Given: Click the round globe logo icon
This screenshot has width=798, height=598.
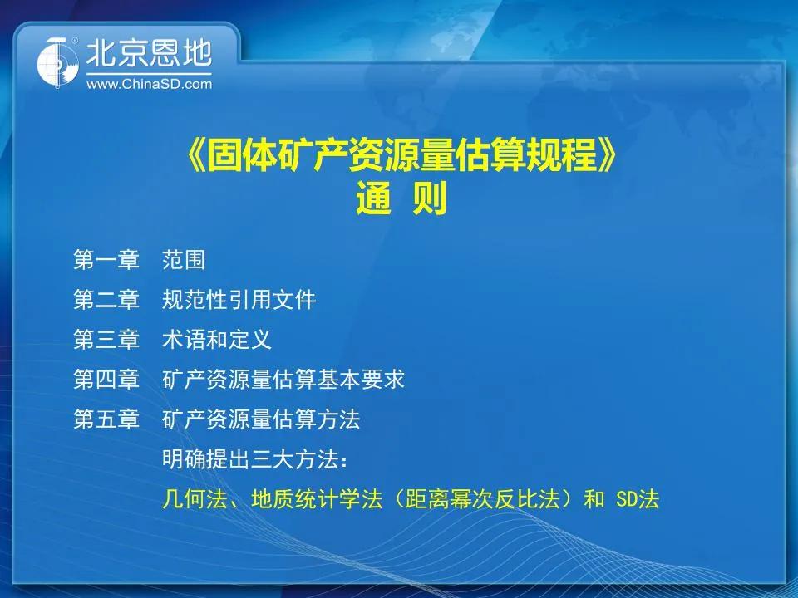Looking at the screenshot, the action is click(x=57, y=62).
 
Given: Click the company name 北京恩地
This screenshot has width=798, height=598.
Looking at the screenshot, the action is click(x=149, y=53).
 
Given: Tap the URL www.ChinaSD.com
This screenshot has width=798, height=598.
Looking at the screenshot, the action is click(x=149, y=84).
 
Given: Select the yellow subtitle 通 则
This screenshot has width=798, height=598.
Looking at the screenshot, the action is click(x=401, y=199).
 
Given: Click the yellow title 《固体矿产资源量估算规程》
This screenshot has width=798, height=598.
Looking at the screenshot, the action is click(x=401, y=155).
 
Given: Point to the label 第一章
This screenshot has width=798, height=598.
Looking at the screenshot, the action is click(x=106, y=260).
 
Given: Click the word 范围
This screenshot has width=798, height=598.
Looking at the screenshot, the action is click(x=184, y=260).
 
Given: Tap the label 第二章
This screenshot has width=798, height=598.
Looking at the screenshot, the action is click(x=106, y=300).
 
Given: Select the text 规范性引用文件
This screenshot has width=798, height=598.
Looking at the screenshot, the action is click(x=239, y=300).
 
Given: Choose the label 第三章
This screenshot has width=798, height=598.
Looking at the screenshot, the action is click(x=106, y=339).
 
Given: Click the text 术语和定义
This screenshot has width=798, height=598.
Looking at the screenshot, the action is click(x=217, y=339).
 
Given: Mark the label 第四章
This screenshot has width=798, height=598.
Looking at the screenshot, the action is click(x=106, y=380).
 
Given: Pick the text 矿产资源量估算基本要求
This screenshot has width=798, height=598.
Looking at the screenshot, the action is click(x=283, y=380).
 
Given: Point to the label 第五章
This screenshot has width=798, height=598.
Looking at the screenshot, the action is click(x=106, y=419).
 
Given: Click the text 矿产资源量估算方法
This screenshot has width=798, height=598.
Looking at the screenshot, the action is click(x=261, y=419).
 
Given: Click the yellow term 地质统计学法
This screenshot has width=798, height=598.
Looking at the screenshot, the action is click(x=316, y=499).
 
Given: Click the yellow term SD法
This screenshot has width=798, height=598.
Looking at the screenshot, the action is click(x=638, y=499).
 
